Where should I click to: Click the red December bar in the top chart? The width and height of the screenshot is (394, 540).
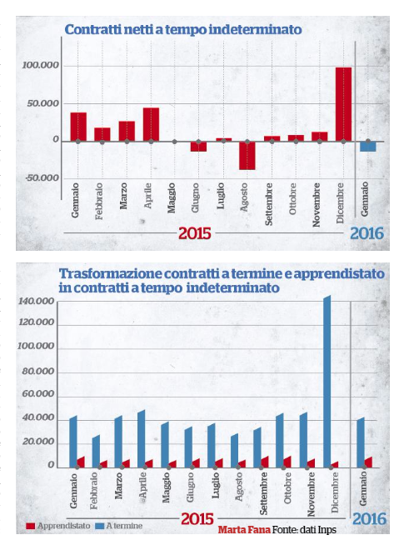[343, 104]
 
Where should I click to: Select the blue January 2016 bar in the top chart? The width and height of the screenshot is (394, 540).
[368, 147]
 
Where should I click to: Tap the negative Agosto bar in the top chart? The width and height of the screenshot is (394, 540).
[247, 156]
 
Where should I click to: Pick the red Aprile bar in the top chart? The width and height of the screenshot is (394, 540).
[151, 125]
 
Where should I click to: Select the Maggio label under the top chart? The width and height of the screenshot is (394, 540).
[172, 197]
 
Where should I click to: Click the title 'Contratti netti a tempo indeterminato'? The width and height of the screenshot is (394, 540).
[183, 30]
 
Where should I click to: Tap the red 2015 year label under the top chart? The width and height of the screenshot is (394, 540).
[194, 233]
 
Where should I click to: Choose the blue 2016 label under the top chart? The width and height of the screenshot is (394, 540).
[367, 233]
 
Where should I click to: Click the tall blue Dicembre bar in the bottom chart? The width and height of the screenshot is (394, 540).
[327, 382]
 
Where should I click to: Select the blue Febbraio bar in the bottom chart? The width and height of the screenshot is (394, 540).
[96, 452]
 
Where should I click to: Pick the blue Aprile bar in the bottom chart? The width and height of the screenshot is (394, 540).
[142, 438]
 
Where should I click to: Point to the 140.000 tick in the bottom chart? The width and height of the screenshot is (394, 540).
[36, 302]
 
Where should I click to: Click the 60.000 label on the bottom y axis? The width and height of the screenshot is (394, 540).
[38, 393]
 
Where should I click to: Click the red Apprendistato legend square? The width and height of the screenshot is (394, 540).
[31, 526]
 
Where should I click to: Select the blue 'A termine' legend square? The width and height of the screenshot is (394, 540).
[99, 526]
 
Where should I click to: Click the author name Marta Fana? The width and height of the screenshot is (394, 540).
[244, 530]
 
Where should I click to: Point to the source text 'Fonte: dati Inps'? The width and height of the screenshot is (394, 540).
[304, 530]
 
